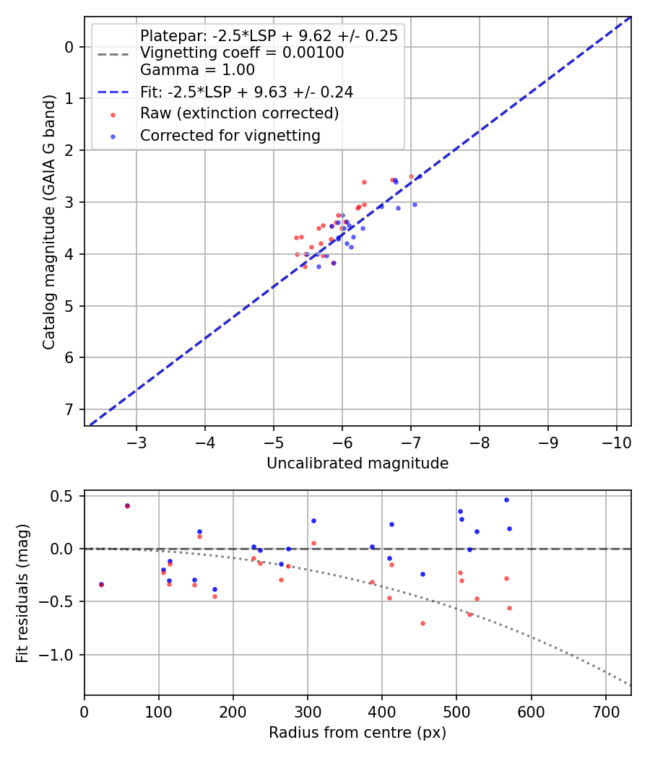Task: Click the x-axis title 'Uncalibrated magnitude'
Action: pos(357,463)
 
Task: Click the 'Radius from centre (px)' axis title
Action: pos(357,733)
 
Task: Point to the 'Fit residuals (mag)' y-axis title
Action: pos(22,593)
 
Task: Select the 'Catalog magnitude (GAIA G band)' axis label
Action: pos(48,222)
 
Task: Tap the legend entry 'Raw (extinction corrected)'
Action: pos(239,113)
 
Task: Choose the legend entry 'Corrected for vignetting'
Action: pos(230,135)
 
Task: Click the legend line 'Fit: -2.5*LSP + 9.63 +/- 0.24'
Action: pos(246,92)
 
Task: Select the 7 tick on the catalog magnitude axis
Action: pos(70,409)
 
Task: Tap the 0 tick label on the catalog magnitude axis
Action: pos(70,47)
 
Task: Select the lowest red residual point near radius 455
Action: pos(422,623)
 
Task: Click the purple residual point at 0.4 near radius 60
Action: pos(127,505)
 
